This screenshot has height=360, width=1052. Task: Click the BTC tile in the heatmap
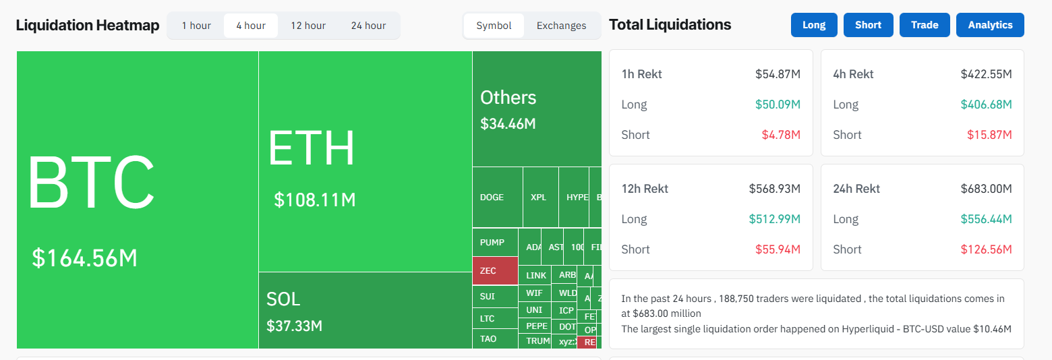(138, 200)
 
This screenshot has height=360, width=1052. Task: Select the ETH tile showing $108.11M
(365, 162)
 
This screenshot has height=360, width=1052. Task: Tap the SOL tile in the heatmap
(365, 310)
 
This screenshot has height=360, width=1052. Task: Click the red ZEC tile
(495, 270)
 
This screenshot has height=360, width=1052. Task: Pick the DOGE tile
(497, 197)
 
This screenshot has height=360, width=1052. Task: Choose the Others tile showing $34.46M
(536, 109)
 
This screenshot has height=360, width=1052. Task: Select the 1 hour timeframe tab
(196, 26)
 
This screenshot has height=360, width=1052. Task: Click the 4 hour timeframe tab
(251, 26)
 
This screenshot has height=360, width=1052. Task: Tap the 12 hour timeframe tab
(308, 26)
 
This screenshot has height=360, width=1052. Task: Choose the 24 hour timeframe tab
(368, 26)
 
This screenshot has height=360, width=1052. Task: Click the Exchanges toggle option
(561, 26)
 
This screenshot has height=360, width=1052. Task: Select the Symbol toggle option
(494, 26)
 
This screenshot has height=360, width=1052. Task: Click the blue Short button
(868, 25)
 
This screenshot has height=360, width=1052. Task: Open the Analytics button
(990, 25)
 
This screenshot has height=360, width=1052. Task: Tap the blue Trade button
(925, 25)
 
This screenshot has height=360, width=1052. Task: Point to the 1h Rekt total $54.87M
(778, 74)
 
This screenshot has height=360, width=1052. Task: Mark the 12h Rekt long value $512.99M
(774, 219)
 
